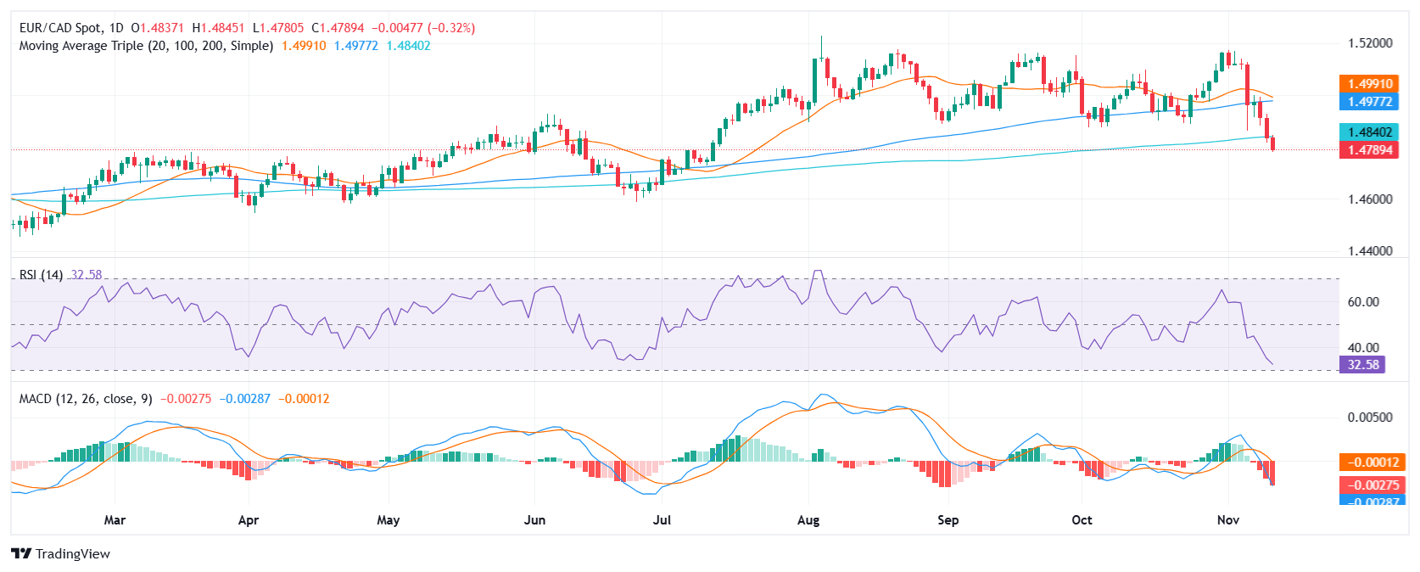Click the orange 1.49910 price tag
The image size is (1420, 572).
click(1368, 84)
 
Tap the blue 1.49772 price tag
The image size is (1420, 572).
click(1368, 102)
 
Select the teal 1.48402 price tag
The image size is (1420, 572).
click(1368, 132)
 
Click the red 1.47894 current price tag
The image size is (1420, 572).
click(1368, 150)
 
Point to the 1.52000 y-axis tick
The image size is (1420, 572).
click(1370, 43)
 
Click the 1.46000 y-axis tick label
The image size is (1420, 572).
click(1370, 199)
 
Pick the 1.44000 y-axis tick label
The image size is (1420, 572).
click(1370, 251)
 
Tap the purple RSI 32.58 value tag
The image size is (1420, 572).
click(1361, 365)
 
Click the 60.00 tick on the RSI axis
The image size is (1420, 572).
click(1363, 302)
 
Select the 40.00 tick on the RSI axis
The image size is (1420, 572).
click(1363, 348)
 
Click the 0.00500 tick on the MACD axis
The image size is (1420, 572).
click(1370, 418)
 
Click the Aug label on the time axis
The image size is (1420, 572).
click(808, 520)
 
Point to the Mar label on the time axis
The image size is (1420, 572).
click(115, 520)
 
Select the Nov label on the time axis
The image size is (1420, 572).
click(1227, 520)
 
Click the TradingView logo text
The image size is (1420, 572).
click(72, 554)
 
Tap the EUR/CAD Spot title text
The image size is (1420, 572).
click(59, 28)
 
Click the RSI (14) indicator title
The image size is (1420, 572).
click(41, 275)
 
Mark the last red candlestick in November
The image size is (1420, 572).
click(1272, 143)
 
